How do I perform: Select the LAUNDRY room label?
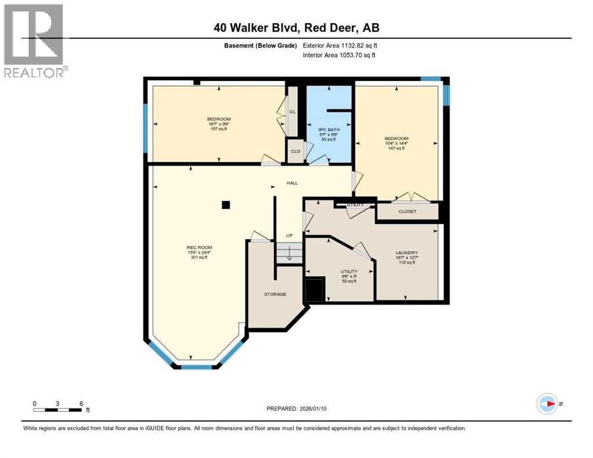coord(406,253)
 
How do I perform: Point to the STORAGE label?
coord(275,294)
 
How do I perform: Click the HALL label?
coord(292,184)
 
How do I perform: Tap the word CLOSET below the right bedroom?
coord(407,211)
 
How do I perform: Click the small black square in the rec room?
coord(226,205)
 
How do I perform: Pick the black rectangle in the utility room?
coord(314,290)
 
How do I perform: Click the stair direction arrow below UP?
coord(288,255)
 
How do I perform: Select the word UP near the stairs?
coord(289,235)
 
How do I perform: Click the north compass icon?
coord(546,404)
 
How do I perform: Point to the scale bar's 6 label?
coord(81,403)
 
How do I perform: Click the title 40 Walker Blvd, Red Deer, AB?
coord(296,27)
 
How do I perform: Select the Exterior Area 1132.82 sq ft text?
coord(339,45)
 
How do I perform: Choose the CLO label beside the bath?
coord(295,151)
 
